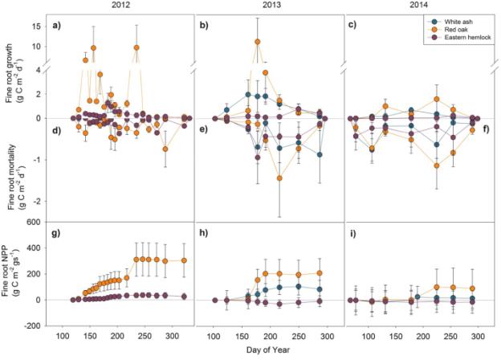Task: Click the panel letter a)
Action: click(x=58, y=25)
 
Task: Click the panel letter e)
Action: click(x=206, y=129)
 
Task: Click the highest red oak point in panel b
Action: click(x=257, y=42)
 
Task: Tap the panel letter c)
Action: click(x=353, y=25)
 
